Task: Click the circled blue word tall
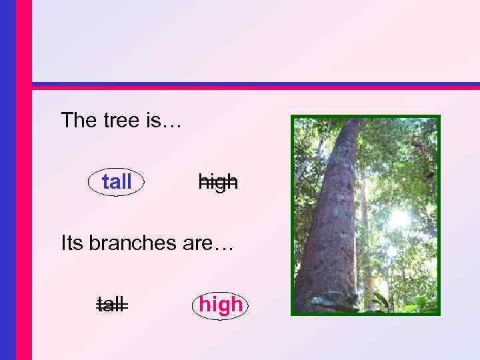(117, 181)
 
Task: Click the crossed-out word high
(218, 181)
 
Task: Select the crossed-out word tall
(112, 305)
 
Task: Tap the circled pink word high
(221, 305)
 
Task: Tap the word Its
(72, 243)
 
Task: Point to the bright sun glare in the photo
(399, 218)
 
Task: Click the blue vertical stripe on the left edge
(7, 180)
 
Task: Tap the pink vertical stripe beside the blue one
(23, 180)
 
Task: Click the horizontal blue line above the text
(253, 84)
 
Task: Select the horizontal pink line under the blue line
(253, 88)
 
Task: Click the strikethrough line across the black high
(218, 183)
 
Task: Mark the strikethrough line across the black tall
(112, 306)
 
